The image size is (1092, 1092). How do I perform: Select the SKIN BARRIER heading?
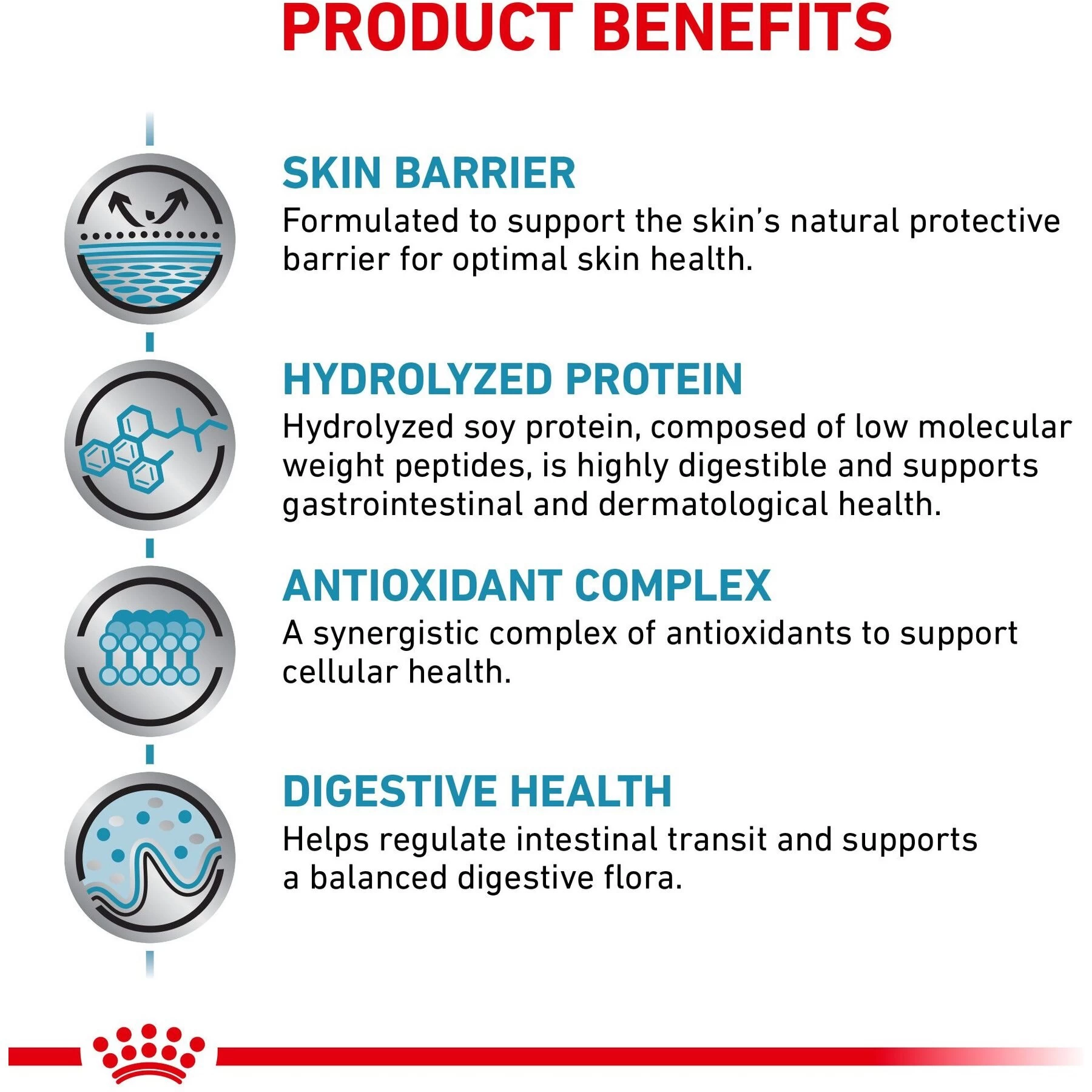[x=428, y=174]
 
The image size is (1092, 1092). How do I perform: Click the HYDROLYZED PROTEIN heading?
[x=513, y=380]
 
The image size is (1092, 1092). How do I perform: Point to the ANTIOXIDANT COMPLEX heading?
[x=527, y=586]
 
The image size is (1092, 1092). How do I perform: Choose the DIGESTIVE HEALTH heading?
[x=477, y=792]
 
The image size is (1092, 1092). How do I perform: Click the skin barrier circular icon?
[x=150, y=238]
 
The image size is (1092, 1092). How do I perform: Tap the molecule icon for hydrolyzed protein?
[x=150, y=445]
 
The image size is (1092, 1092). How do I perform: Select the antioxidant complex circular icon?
[x=150, y=651]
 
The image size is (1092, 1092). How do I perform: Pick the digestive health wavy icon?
[x=150, y=857]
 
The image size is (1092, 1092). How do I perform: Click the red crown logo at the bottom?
[x=149, y=1054]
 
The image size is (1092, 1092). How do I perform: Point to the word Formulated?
[x=370, y=221]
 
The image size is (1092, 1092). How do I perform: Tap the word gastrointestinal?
[x=402, y=505]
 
